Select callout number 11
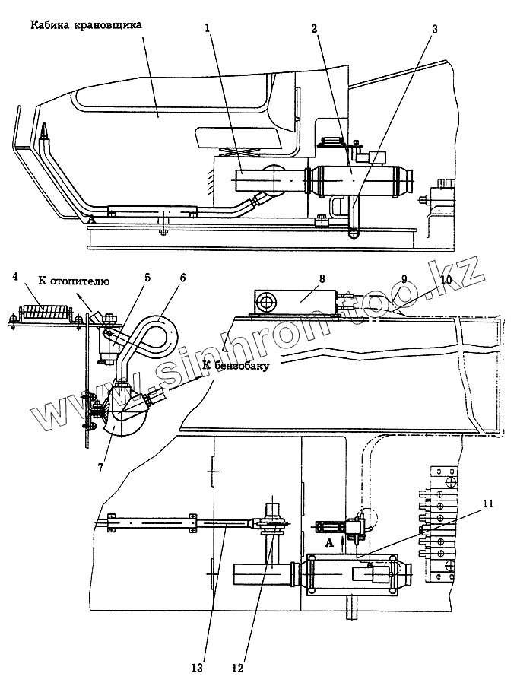pyautogui.click(x=488, y=503)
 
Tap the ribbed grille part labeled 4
pyautogui.click(x=46, y=313)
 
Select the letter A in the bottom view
pyautogui.click(x=329, y=542)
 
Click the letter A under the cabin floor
pyautogui.click(x=91, y=219)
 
